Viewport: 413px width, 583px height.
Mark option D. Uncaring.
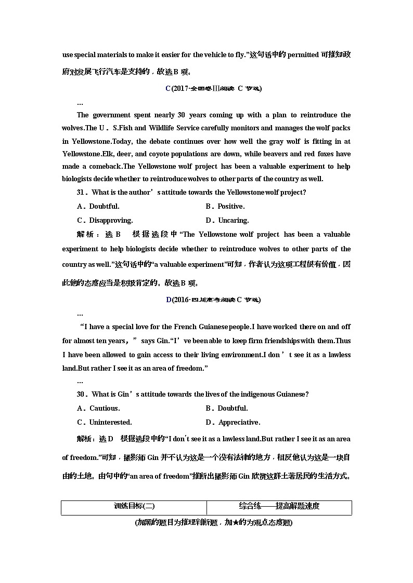point(227,220)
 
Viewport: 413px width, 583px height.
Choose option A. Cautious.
point(98,408)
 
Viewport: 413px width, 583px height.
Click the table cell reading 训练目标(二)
point(134,507)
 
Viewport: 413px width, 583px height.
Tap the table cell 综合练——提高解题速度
point(279,507)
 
